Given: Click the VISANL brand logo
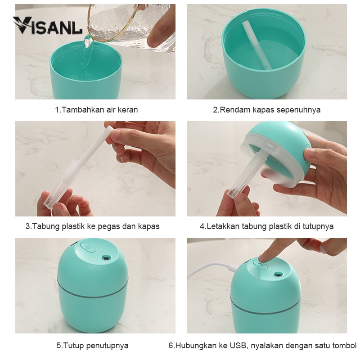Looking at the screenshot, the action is click(x=47, y=25).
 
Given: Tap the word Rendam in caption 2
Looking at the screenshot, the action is click(x=234, y=110).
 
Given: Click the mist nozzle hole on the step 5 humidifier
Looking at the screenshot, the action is click(x=106, y=257).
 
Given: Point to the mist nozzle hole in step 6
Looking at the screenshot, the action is click(x=278, y=274).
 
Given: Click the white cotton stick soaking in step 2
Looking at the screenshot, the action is click(x=257, y=45).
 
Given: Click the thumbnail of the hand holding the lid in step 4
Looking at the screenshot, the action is click(x=310, y=153).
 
